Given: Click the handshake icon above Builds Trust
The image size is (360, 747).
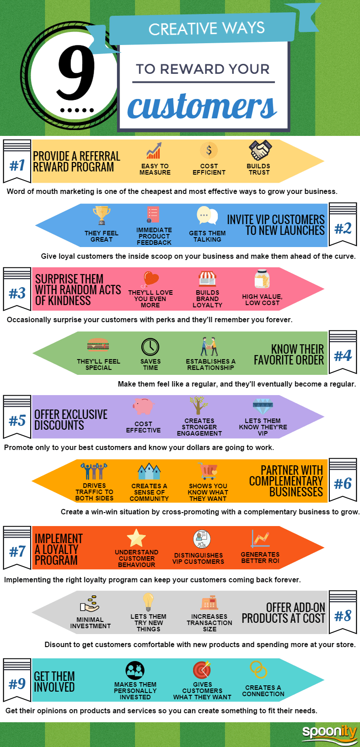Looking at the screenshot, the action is point(261,150).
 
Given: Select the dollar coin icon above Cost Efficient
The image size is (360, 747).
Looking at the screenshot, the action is point(209,150).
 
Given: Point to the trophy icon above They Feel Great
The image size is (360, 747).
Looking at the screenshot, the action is point(101,215).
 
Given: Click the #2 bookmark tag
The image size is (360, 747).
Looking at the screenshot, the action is point(342,224).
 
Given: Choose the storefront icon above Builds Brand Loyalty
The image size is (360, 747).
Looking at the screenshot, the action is point(207,279).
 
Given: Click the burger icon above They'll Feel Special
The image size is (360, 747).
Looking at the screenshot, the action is point(98,345).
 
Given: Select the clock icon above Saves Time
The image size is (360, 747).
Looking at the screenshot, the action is point(150,347).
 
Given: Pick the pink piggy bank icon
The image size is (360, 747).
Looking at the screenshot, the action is point(144,406).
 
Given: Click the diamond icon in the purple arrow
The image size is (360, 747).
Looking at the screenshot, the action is point(263,406).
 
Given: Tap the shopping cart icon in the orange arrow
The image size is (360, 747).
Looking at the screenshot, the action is point(207,471).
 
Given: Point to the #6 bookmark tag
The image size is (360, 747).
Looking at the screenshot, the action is point(342,480).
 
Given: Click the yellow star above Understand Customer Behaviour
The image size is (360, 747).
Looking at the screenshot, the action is point(136,538).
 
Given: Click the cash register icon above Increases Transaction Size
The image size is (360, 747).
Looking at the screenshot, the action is point(209,602).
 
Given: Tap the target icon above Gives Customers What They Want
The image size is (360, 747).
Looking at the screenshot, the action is point(202,670).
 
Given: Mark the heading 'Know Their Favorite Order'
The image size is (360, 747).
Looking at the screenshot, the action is point(288,355).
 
